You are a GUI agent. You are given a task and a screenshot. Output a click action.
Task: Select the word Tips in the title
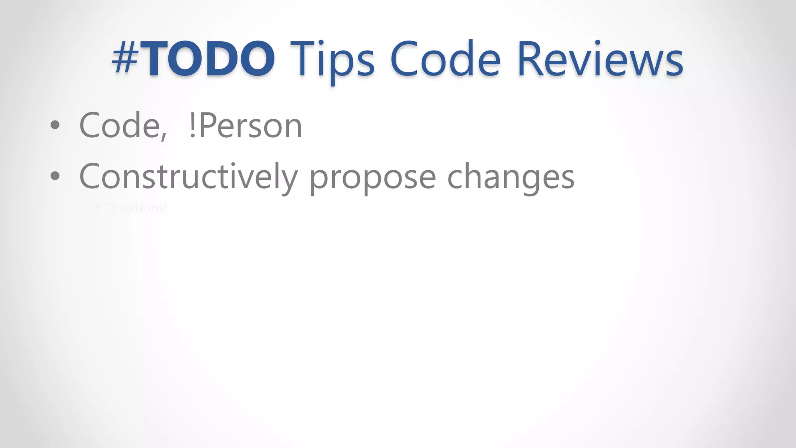tap(332, 60)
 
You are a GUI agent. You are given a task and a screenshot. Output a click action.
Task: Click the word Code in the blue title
tap(445, 59)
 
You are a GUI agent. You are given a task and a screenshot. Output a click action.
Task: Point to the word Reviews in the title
tap(600, 59)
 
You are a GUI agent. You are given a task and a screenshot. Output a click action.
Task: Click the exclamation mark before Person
tap(192, 126)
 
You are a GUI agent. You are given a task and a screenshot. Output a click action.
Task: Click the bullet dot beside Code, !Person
tap(55, 125)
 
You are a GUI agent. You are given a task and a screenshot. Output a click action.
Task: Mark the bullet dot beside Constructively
tap(55, 176)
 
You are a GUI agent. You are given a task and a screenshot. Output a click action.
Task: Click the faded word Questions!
tap(136, 208)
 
